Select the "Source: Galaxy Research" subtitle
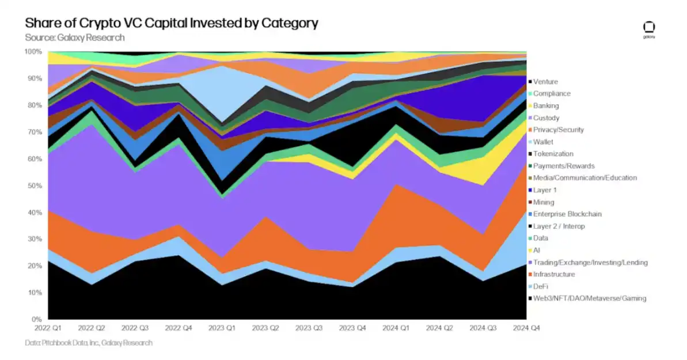75,38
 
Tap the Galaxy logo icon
649,28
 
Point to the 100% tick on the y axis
33,52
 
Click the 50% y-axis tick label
35,185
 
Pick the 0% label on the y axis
37,319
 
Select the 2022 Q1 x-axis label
48,328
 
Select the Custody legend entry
546,118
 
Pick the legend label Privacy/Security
558,130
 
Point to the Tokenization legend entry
553,154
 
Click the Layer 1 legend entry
545,190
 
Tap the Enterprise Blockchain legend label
567,214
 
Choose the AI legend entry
537,251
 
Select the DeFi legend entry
541,286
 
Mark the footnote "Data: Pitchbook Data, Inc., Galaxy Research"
89,343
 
